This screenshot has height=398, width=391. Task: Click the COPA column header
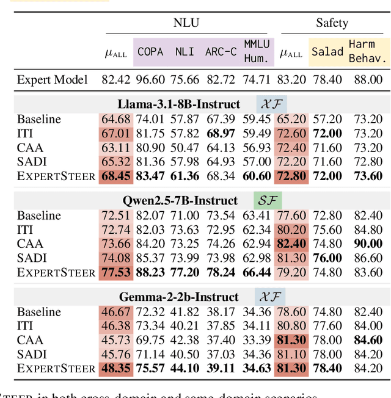[150, 52]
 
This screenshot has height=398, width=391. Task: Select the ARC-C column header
[221, 52]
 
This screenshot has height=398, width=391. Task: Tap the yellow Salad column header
[327, 52]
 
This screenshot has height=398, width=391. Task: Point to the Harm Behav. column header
[368, 51]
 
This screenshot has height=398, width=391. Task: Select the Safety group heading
[332, 23]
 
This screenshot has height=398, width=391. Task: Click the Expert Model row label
[53, 79]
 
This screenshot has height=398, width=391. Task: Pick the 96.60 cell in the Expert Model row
[150, 79]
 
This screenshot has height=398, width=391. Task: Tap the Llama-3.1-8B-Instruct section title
[179, 104]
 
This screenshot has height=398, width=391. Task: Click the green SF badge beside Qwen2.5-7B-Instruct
[267, 200]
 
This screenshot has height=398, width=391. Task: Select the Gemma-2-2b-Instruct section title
[179, 297]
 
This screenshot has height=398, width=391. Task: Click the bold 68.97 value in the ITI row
[221, 134]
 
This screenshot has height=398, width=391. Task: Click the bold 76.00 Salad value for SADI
[327, 258]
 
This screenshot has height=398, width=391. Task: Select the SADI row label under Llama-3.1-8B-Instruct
[32, 162]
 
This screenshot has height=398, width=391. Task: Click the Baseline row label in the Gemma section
[39, 312]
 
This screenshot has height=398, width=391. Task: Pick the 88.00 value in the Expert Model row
[368, 79]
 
